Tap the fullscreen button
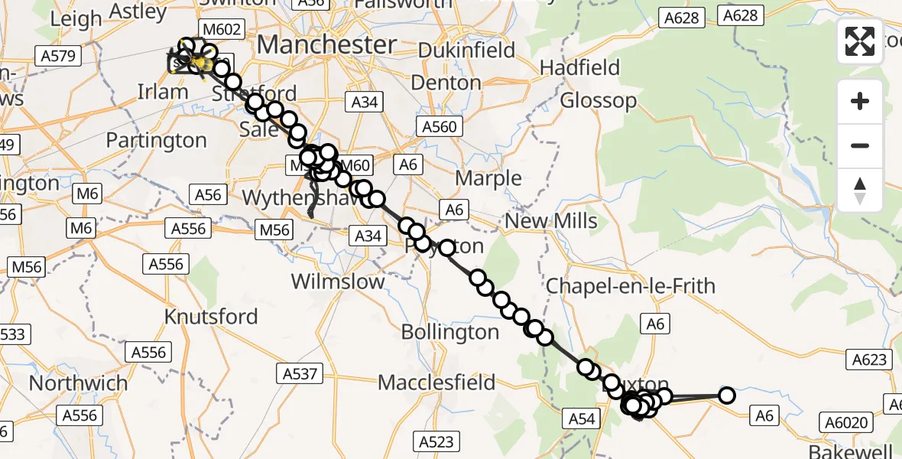(x=860, y=41)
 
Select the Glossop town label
(x=598, y=100)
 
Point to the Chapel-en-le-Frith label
(x=631, y=287)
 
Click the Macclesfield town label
(x=436, y=382)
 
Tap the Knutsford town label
(x=211, y=316)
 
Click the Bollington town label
(x=450, y=332)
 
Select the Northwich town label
(x=79, y=382)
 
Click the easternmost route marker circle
(x=726, y=396)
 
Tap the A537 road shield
(x=300, y=373)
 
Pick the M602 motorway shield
(x=221, y=31)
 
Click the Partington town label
(x=156, y=141)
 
